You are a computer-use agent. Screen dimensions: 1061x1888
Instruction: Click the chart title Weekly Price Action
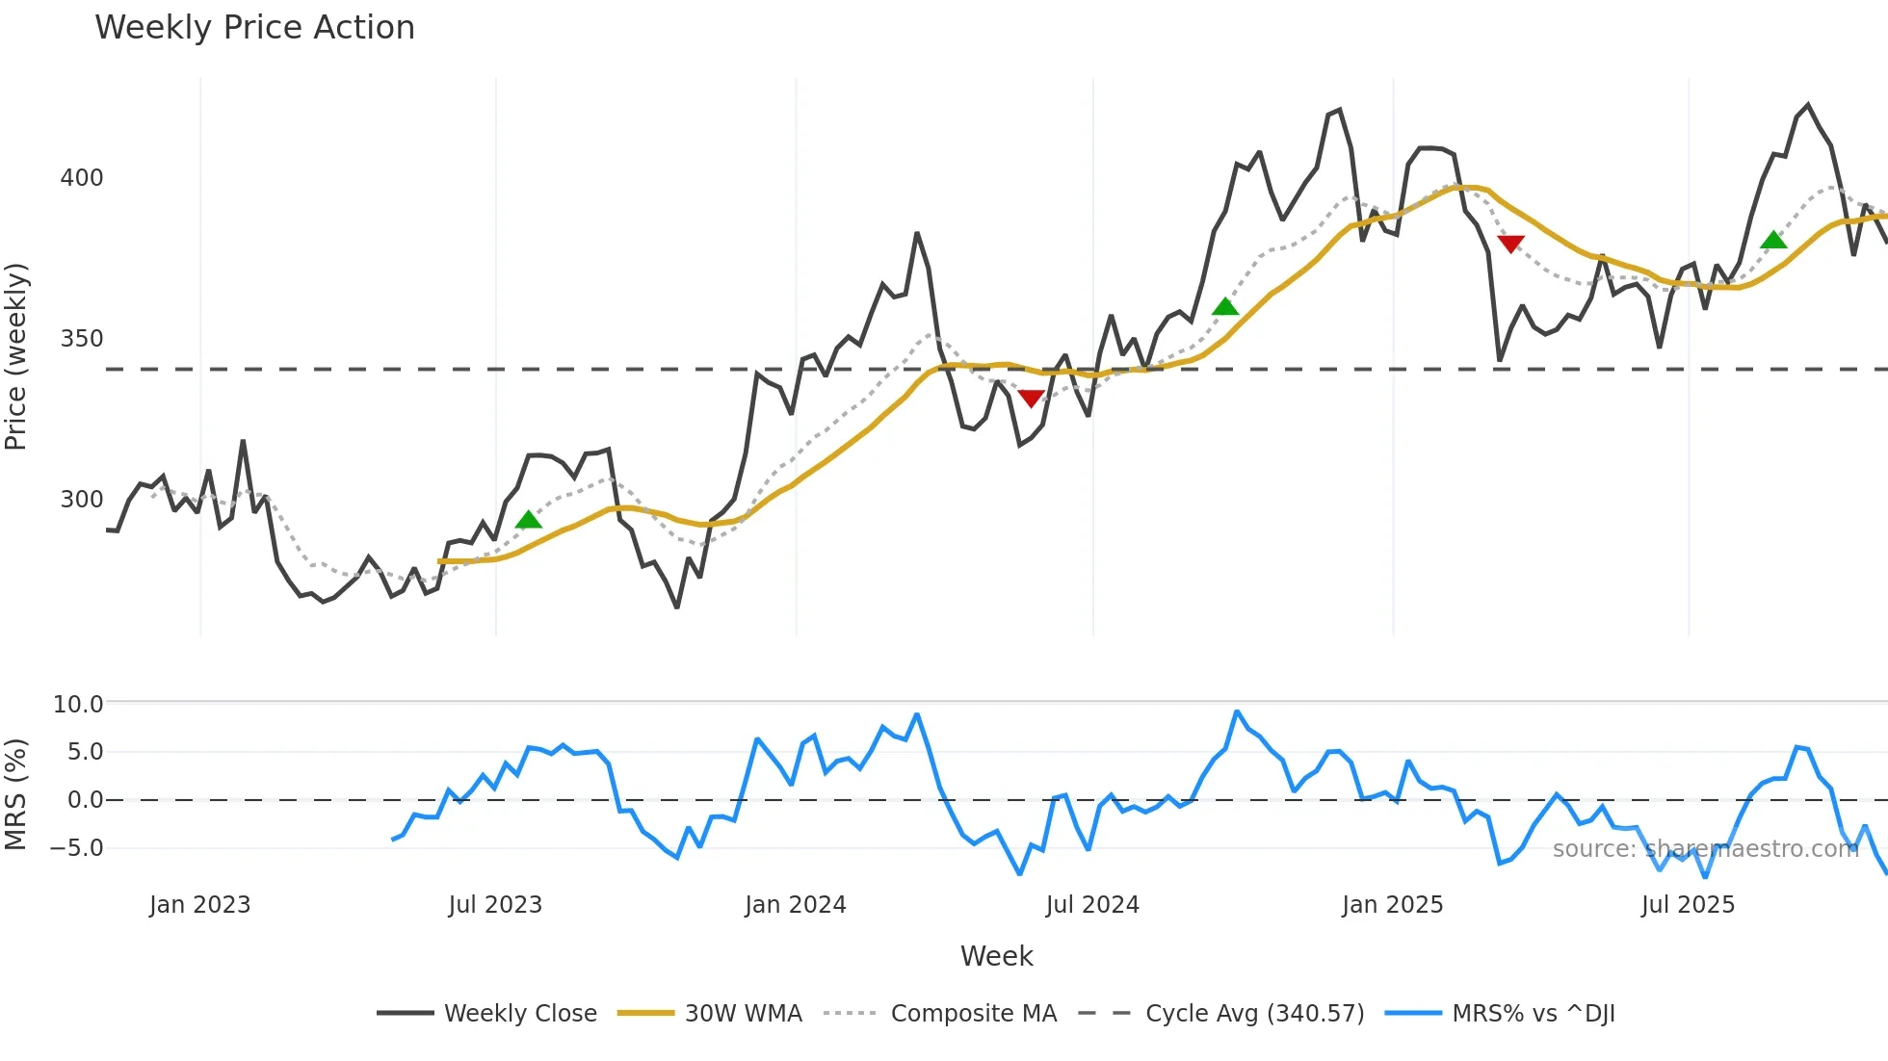(x=254, y=28)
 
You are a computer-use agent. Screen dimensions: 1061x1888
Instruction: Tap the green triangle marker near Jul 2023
(x=529, y=521)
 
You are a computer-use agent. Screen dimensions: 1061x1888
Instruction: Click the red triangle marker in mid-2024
(x=1031, y=398)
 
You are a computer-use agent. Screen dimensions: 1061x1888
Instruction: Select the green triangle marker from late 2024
(x=1224, y=307)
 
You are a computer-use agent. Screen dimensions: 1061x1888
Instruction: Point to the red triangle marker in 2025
(x=1510, y=244)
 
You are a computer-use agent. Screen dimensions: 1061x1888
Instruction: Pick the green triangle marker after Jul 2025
(x=1773, y=241)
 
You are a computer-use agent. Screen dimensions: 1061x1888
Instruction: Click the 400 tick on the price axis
(x=82, y=178)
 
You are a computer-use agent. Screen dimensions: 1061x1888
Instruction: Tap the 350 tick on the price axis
(x=82, y=339)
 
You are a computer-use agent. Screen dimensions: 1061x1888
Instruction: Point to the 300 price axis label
(x=82, y=500)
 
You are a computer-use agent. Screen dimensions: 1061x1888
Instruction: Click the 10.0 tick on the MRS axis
(x=78, y=705)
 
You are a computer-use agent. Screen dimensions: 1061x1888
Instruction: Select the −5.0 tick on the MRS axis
(x=76, y=848)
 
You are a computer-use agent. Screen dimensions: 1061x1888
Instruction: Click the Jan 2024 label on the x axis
(x=796, y=905)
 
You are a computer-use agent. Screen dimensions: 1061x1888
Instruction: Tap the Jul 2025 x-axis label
(x=1688, y=905)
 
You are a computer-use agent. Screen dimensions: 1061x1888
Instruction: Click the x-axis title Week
(x=996, y=956)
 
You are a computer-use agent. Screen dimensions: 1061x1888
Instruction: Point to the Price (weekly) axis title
(x=16, y=356)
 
